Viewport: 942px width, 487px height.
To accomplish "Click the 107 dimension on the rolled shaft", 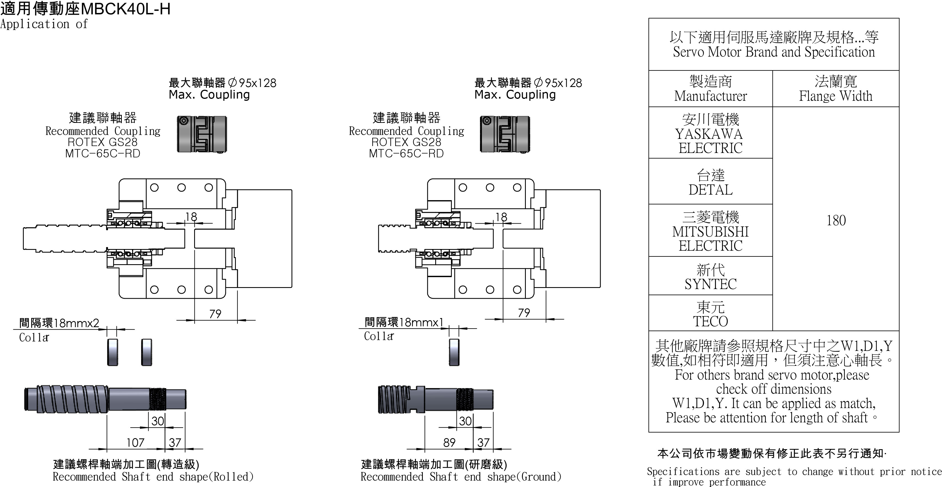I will (x=135, y=443).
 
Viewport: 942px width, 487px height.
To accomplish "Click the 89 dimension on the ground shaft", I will (x=449, y=443).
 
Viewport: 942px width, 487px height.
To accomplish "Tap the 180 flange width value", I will (x=836, y=221).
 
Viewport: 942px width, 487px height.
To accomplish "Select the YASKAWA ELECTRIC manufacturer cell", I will (x=711, y=134).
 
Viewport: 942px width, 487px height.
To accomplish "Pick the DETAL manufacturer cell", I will (x=711, y=182).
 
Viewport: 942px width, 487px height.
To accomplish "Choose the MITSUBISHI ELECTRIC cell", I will (x=711, y=231).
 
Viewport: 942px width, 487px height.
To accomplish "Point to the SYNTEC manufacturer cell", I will (x=711, y=277).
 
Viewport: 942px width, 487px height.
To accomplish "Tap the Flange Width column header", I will (x=836, y=89).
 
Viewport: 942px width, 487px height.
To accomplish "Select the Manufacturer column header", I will (x=711, y=89).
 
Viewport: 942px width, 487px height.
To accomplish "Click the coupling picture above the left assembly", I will (x=202, y=134).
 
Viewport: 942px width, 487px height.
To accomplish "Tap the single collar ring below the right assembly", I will (x=454, y=352).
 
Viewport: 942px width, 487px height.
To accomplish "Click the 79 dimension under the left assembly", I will (x=215, y=314).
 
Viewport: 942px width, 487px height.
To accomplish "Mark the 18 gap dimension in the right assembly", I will (x=501, y=217).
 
